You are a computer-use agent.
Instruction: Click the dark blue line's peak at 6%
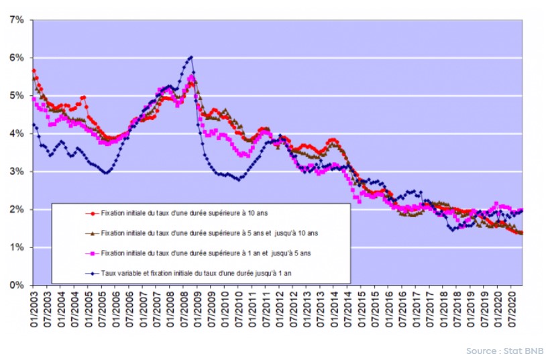click(191, 57)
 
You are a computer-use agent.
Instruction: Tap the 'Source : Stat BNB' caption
click(504, 351)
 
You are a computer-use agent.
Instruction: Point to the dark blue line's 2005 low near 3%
click(105, 173)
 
